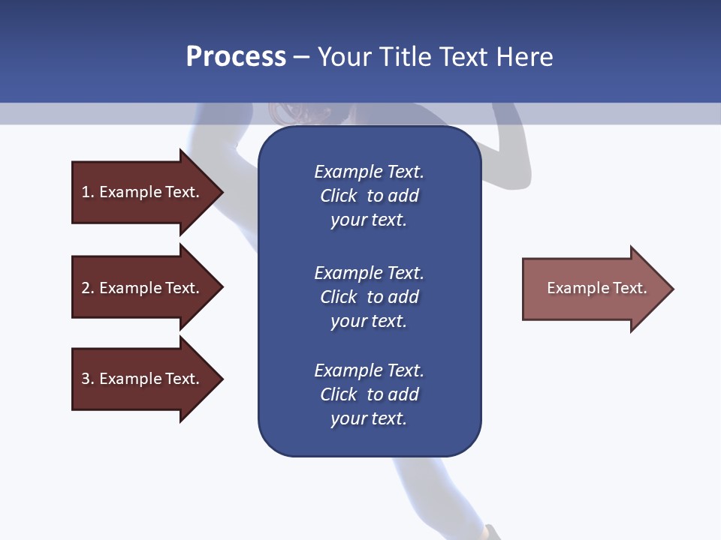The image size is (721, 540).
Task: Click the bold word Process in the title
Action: pyautogui.click(x=236, y=57)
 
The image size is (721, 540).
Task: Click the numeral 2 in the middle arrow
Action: pyautogui.click(x=86, y=288)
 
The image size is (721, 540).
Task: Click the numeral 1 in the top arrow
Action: pyautogui.click(x=86, y=192)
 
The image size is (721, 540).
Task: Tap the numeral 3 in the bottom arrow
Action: pyautogui.click(x=86, y=379)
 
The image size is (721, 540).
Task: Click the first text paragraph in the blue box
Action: pyautogui.click(x=369, y=196)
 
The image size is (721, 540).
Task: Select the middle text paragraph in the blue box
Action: pyautogui.click(x=369, y=297)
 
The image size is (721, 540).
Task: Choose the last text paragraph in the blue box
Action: pyautogui.click(x=369, y=394)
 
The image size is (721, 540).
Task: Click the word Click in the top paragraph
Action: pyautogui.click(x=338, y=196)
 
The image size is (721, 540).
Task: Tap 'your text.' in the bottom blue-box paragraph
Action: pyautogui.click(x=369, y=418)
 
